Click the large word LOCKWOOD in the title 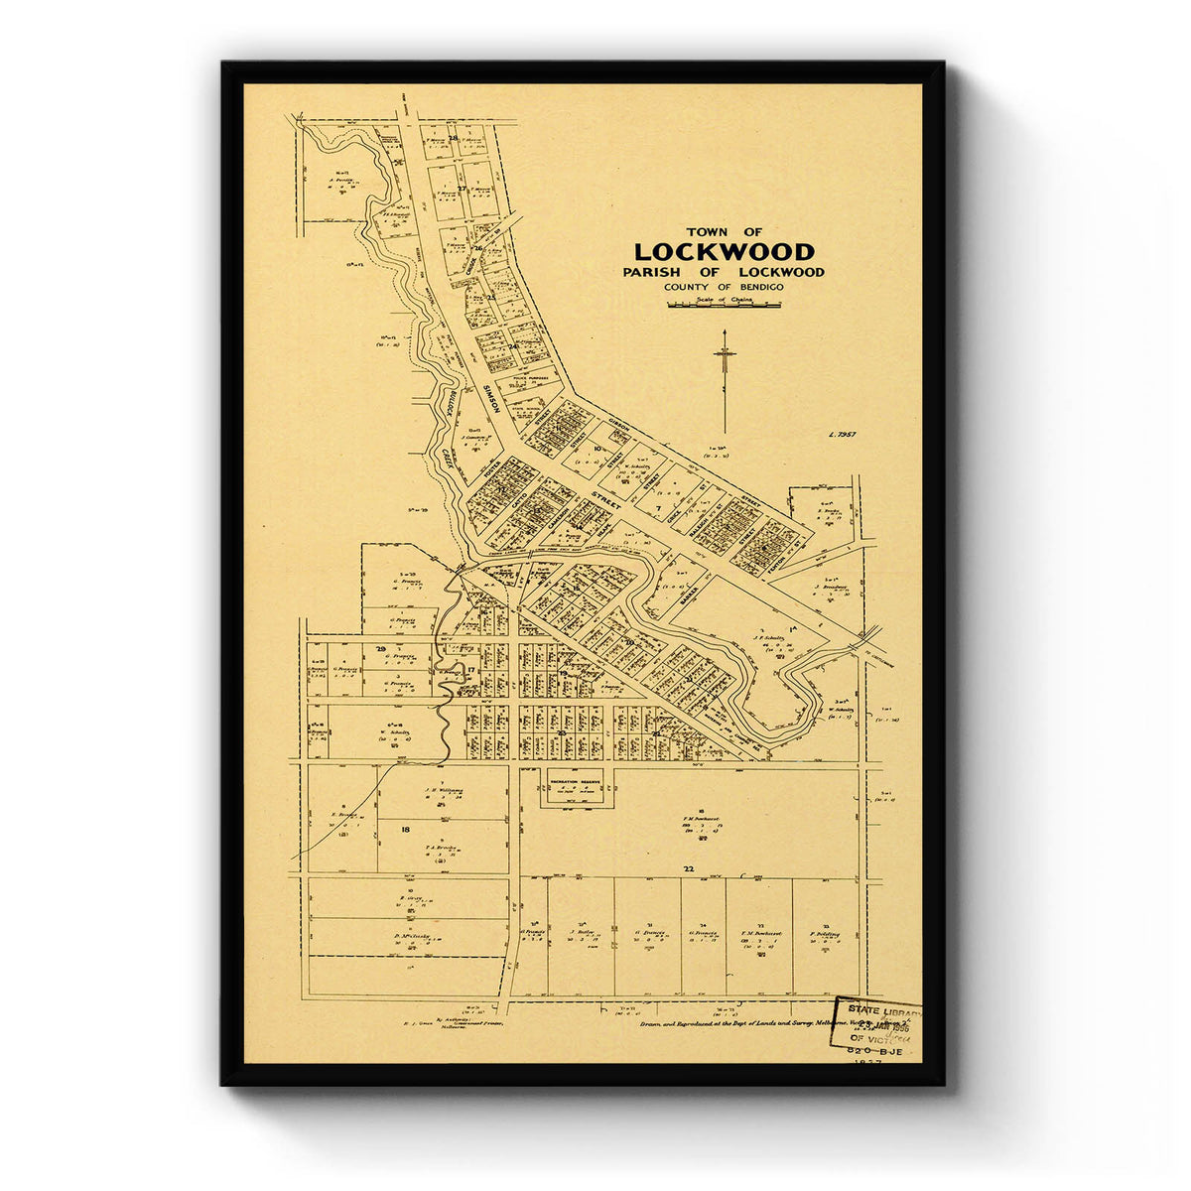point(724,252)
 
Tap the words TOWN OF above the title point(725,231)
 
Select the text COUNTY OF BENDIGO point(725,287)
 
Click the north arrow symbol point(726,377)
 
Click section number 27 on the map point(462,188)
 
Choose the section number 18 point(405,828)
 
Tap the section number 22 point(688,868)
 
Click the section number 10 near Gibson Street point(597,449)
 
